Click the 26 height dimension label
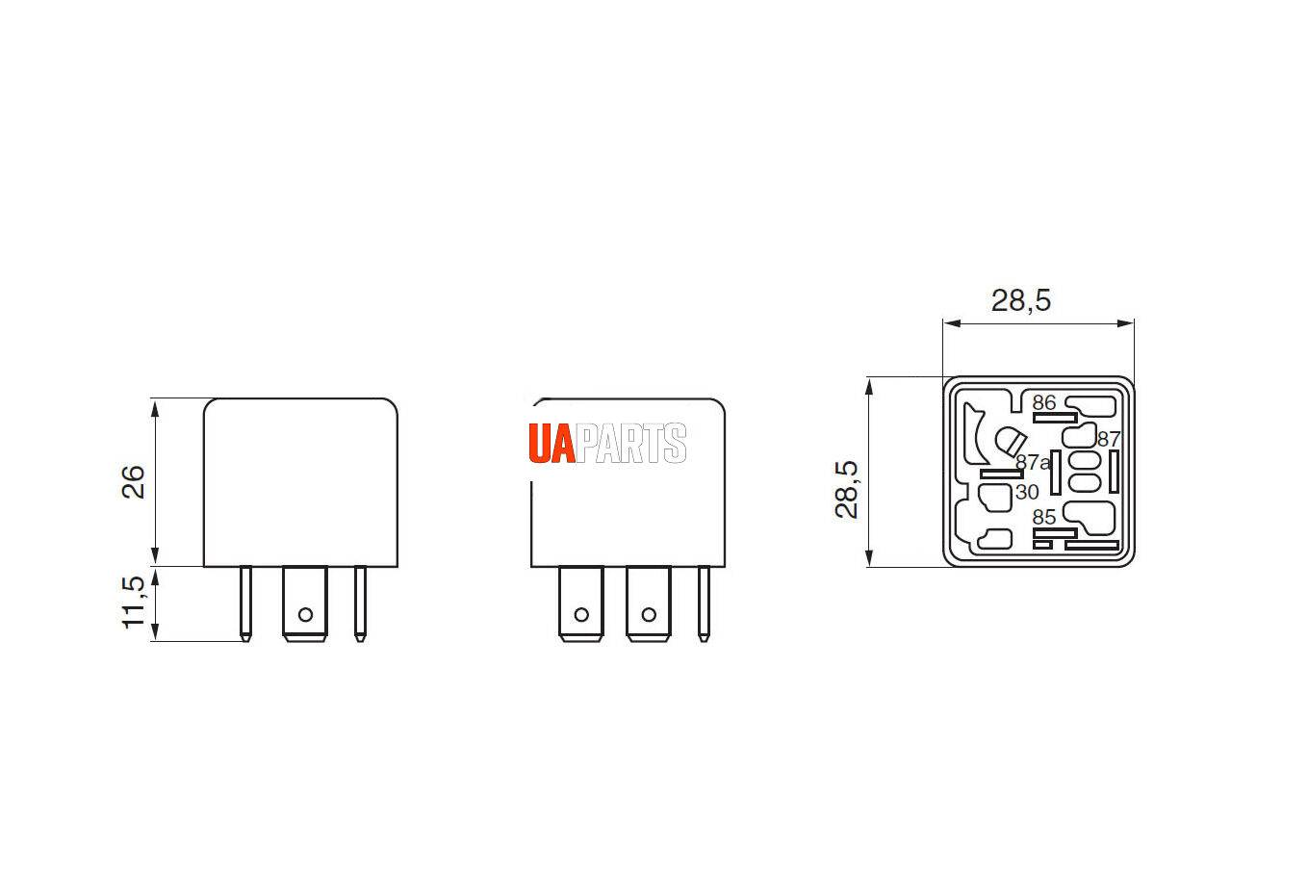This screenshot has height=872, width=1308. (x=133, y=482)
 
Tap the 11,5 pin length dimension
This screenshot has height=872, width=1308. (x=133, y=603)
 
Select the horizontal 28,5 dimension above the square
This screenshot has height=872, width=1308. (x=1021, y=301)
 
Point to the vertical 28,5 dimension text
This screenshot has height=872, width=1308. (x=846, y=490)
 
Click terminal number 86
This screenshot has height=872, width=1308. (x=1044, y=402)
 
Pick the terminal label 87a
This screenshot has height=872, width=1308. (x=1033, y=463)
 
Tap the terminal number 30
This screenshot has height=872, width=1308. (x=1027, y=492)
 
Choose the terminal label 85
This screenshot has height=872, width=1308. (x=1044, y=517)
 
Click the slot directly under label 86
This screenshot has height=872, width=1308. (x=1055, y=418)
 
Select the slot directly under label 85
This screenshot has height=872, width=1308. (x=1055, y=532)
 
